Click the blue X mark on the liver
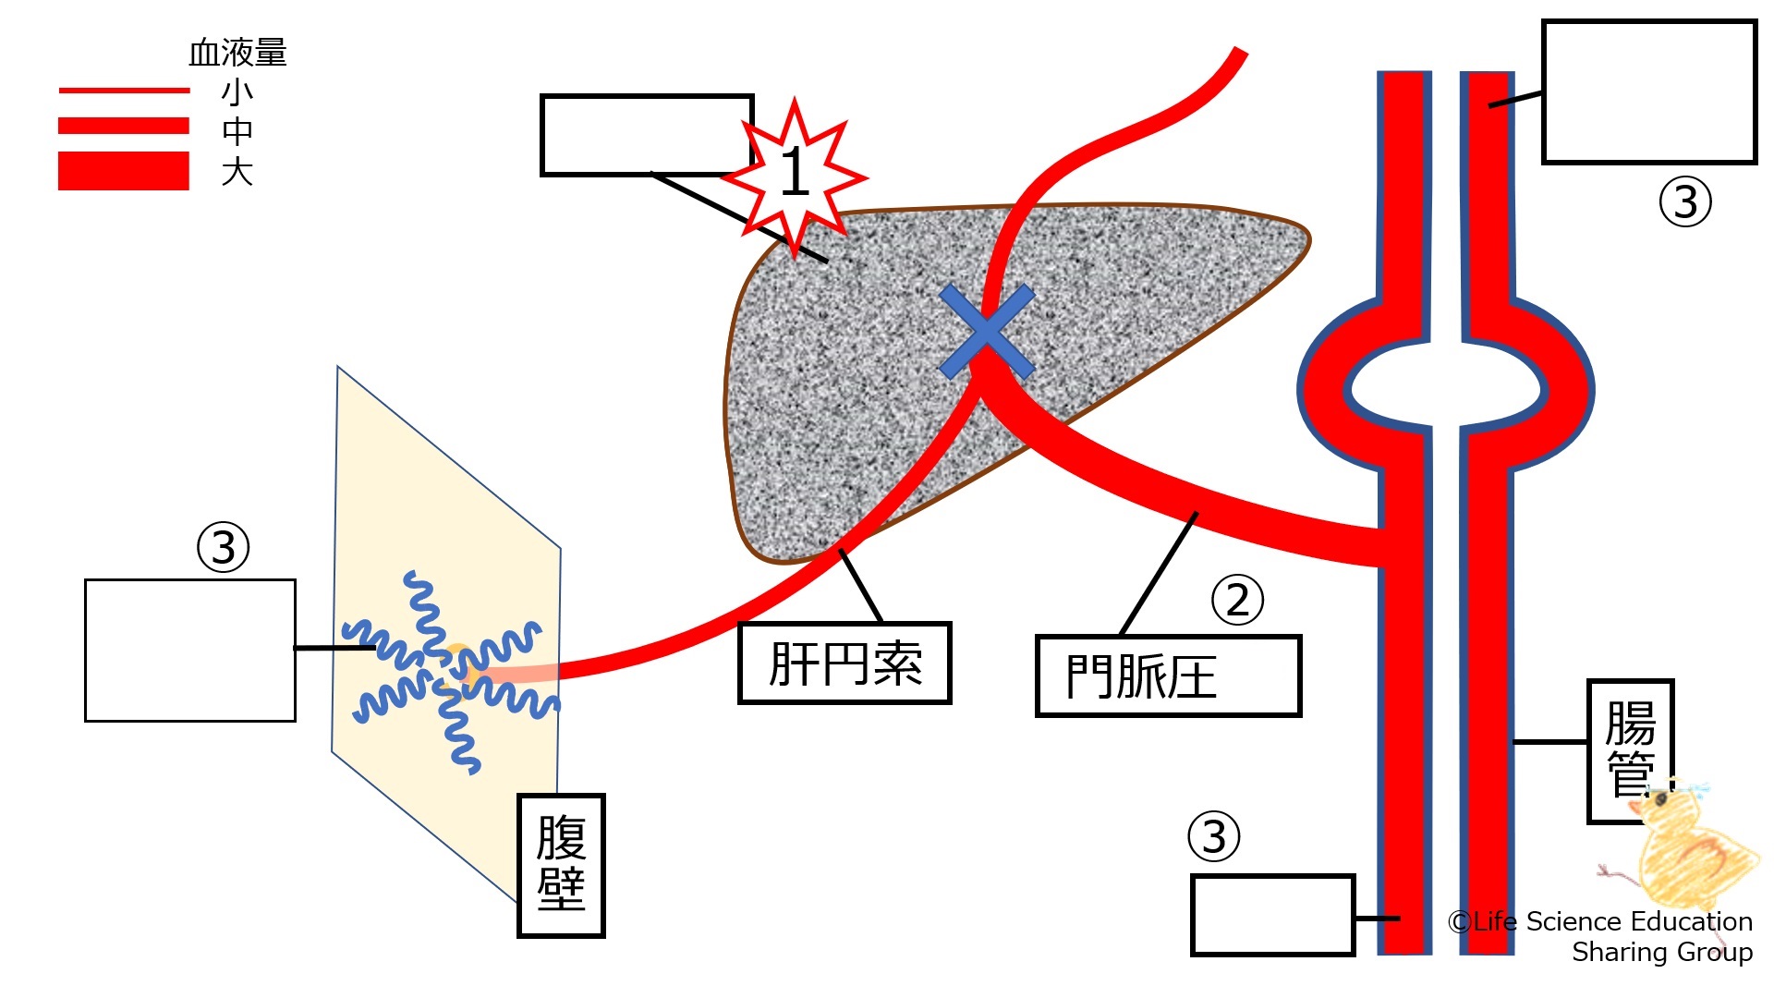986,332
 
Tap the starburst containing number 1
795,173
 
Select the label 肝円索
844,663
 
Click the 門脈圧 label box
1168,675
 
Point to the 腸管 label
1630,749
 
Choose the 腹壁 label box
561,865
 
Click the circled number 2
1237,600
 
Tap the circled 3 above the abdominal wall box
224,547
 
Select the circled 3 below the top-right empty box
1685,202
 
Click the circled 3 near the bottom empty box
1213,836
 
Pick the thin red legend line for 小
124,91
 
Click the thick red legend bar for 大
124,171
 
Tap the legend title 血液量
237,53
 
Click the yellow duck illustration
1686,850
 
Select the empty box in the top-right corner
1649,92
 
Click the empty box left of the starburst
646,135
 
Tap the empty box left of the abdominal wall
190,651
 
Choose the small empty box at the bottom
1272,915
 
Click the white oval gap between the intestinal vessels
1445,387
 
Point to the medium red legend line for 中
124,126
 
